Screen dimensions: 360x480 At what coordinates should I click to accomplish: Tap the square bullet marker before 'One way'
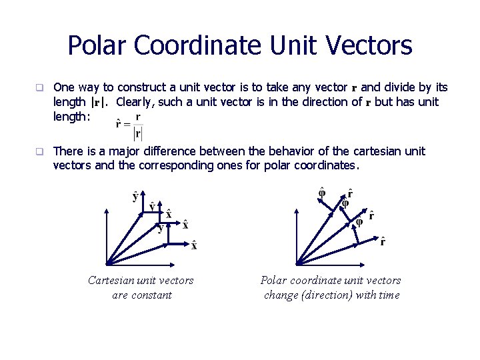click(x=39, y=87)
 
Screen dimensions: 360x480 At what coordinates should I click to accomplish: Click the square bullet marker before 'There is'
click(x=39, y=152)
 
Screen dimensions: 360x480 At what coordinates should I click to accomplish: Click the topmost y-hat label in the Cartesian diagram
click(x=136, y=196)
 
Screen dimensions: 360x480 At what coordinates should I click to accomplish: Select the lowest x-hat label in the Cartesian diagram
click(x=194, y=245)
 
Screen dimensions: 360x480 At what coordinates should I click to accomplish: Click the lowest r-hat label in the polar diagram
click(x=383, y=241)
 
